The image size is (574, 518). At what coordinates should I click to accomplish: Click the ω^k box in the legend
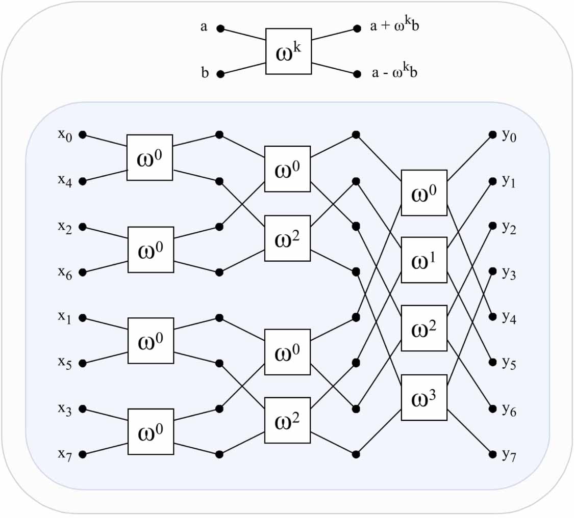point(288,51)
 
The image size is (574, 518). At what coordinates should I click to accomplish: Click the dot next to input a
point(220,29)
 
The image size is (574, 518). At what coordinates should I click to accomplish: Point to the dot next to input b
point(220,74)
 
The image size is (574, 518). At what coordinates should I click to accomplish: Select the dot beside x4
point(84,181)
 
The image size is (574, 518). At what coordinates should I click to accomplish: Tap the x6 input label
point(65,273)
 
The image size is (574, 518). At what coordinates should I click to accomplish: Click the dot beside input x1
point(84,318)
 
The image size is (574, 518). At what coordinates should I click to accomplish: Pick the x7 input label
point(65,455)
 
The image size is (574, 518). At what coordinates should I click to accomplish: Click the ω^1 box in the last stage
point(424,260)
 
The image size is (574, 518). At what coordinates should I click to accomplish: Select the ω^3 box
point(424,397)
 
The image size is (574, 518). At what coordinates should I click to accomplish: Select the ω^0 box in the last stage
point(424,193)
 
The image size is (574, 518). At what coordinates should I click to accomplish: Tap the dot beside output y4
point(492,317)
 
